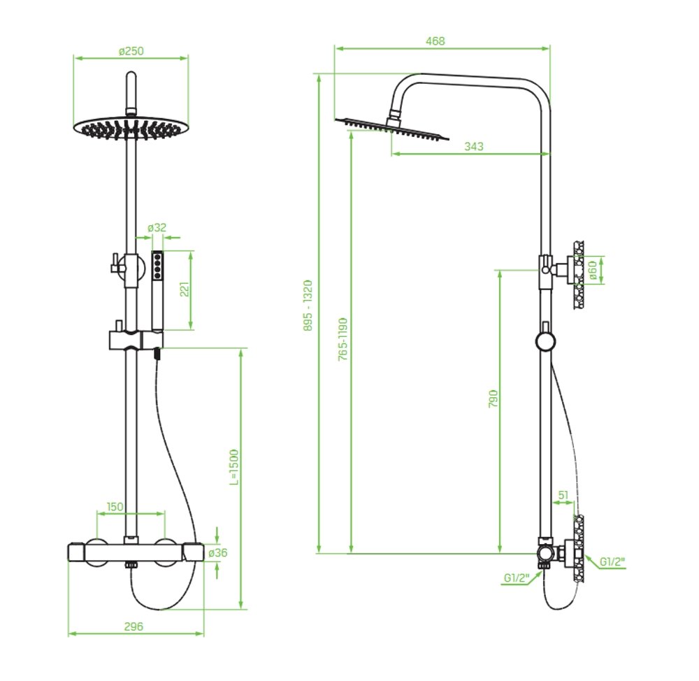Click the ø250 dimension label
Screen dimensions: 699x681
(x=131, y=51)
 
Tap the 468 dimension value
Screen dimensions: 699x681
(x=435, y=41)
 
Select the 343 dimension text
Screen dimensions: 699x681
(x=473, y=146)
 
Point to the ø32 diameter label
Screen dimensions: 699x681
(x=157, y=227)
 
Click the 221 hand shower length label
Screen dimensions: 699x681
(x=185, y=289)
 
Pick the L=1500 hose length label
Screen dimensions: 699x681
(x=234, y=467)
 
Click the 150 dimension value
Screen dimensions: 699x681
(x=115, y=507)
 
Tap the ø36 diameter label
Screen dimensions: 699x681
(x=217, y=553)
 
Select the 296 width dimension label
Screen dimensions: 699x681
(x=134, y=626)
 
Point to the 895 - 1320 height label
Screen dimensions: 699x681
(x=308, y=306)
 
